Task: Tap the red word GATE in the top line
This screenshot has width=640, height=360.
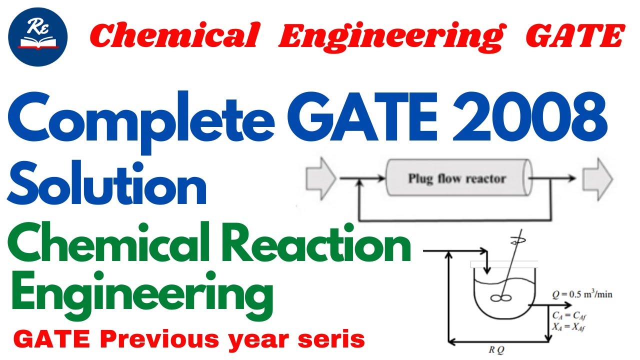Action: click(x=575, y=36)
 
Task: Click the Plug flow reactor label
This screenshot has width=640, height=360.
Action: click(x=457, y=179)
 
